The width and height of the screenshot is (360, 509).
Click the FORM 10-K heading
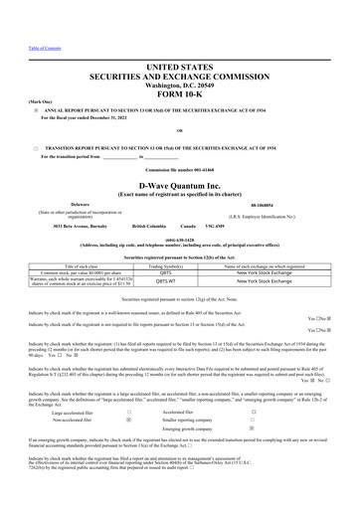(180, 95)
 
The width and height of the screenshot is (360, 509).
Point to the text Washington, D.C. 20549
(180, 83)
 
